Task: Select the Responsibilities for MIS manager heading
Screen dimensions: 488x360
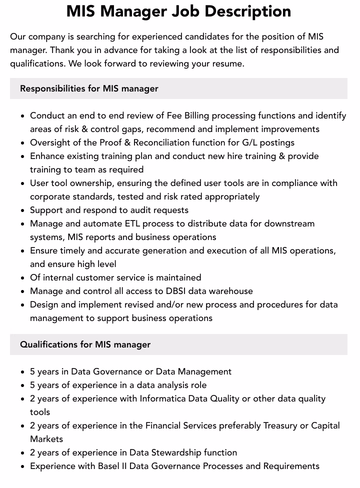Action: (89, 88)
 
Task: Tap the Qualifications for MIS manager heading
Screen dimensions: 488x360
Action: (85, 344)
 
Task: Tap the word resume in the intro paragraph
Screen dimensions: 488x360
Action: (227, 63)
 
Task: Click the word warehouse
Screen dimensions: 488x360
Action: (229, 291)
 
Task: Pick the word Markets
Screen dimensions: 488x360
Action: (46, 439)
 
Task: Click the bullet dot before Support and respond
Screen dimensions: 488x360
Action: (23, 210)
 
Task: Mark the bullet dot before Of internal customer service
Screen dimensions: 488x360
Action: (23, 278)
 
